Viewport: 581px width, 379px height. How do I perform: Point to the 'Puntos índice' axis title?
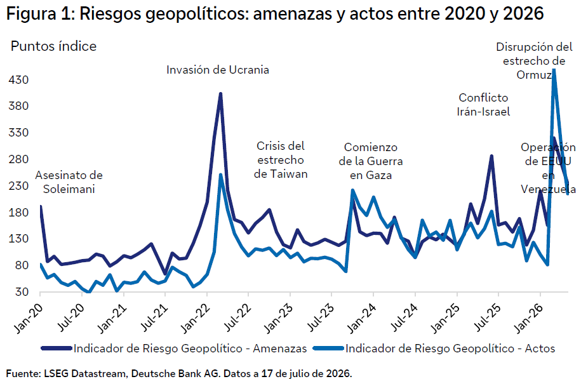(x=53, y=46)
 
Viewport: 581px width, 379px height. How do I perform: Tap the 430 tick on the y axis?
(x=18, y=79)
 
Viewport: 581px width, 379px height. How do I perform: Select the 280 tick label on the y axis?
(x=18, y=159)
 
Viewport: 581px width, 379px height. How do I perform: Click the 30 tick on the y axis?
(x=22, y=292)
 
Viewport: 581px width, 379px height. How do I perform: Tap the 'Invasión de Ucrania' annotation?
(x=218, y=70)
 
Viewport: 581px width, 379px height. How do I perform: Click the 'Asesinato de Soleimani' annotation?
(x=69, y=182)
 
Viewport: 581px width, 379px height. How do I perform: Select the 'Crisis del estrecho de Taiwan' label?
(x=281, y=160)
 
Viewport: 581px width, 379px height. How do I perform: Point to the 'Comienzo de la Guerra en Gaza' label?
(x=371, y=161)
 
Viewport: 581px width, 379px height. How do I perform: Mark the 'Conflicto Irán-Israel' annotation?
(x=483, y=105)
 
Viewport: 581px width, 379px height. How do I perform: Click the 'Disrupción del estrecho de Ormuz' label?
(x=534, y=61)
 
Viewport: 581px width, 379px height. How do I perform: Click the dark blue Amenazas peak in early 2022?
(x=220, y=94)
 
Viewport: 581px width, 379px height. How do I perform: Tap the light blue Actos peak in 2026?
(x=554, y=70)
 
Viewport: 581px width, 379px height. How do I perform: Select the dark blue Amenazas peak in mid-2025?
(x=491, y=156)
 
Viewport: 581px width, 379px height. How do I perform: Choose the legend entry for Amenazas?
(x=174, y=349)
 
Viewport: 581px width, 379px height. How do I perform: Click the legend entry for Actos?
(x=434, y=349)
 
